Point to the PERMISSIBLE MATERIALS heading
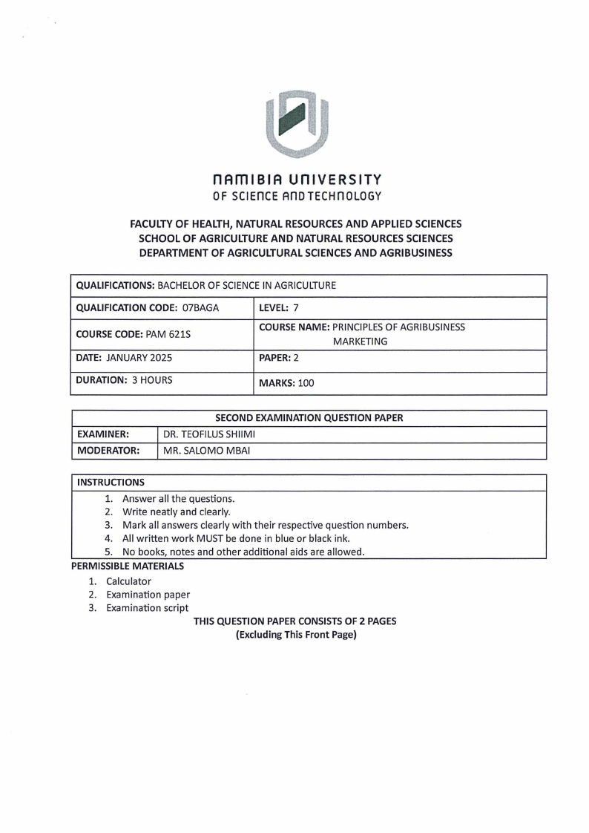pos(128,566)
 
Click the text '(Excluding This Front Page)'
pos(296,635)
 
